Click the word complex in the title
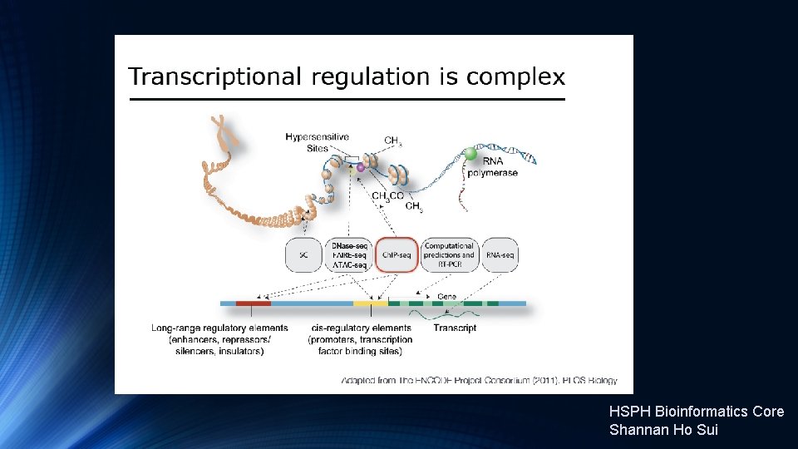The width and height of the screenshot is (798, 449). click(515, 78)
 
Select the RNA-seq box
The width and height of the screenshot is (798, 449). click(500, 255)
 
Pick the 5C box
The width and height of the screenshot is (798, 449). click(303, 255)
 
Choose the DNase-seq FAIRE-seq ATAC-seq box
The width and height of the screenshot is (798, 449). click(349, 255)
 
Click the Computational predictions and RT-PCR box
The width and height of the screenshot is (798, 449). click(449, 255)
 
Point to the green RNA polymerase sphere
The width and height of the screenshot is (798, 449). click(471, 154)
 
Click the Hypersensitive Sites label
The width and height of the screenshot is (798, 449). click(317, 141)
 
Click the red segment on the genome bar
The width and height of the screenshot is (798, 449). click(253, 303)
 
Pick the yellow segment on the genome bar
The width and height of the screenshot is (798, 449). click(370, 303)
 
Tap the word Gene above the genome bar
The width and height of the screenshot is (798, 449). click(446, 296)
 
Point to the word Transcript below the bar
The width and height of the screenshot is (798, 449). click(455, 328)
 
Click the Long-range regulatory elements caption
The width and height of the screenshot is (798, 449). click(219, 339)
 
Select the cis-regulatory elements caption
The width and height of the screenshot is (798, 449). click(360, 339)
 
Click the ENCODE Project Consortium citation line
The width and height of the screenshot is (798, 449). click(480, 381)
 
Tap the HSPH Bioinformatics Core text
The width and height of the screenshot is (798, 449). click(697, 412)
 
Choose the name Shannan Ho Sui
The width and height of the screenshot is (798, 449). click(663, 430)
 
